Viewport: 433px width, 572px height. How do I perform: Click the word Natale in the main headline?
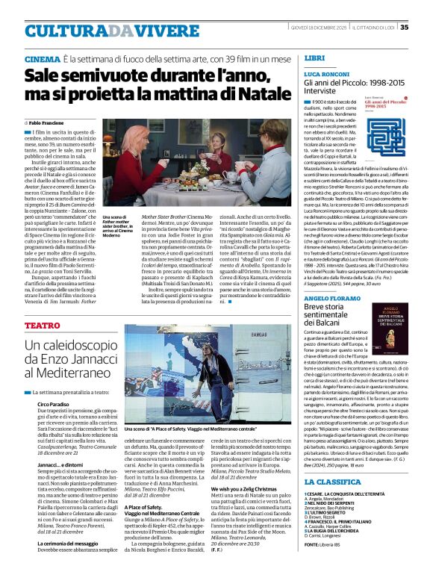(x=240, y=94)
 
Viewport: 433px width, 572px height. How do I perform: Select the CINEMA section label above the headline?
(x=43, y=58)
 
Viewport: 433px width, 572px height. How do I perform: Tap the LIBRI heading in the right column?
(x=314, y=57)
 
